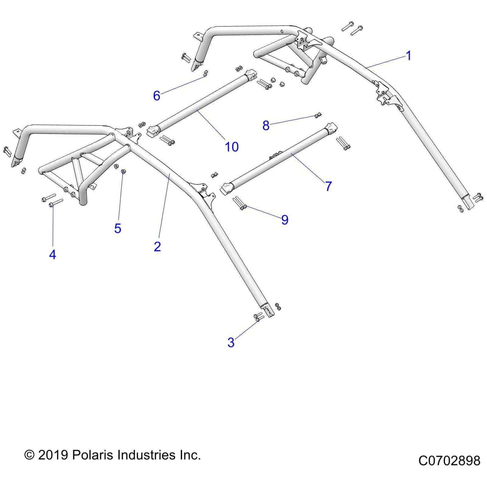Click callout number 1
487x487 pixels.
coord(408,56)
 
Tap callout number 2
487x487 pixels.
coord(157,247)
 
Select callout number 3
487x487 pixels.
coord(231,342)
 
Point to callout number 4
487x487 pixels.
coord(52,254)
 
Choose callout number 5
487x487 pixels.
coord(118,228)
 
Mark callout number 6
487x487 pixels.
coord(156,96)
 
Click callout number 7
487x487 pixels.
coord(328,186)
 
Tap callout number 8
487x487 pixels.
coord(266,125)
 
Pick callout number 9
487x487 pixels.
coord(285,220)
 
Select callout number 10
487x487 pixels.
coord(231,147)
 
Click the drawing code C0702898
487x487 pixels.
coord(449,461)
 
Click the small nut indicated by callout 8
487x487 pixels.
coord(317,115)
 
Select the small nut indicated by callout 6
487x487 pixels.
coord(205,73)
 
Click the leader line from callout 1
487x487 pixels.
coord(387,61)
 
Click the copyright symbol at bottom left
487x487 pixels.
coord(29,455)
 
